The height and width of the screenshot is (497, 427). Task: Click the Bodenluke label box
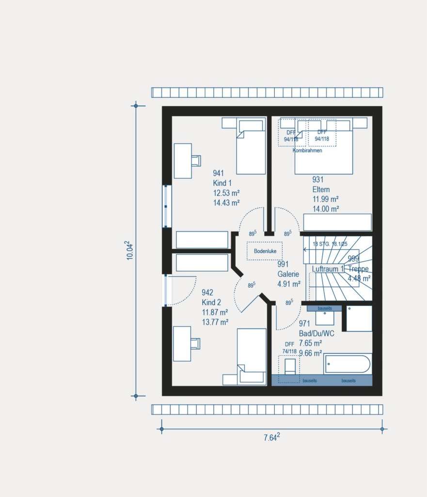click(265, 251)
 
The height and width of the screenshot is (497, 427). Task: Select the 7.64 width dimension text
click(271, 437)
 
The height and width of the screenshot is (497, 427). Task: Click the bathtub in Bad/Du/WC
click(348, 364)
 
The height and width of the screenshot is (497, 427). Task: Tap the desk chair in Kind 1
click(196, 160)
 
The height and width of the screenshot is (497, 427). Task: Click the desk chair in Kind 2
click(195, 344)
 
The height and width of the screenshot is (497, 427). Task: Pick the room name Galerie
click(288, 274)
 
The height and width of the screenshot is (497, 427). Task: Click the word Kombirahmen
click(307, 150)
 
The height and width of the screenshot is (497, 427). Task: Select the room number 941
click(219, 173)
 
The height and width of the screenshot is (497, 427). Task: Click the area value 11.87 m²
click(215, 312)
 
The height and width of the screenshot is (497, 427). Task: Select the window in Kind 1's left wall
click(167, 206)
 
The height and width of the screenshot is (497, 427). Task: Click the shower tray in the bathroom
click(359, 318)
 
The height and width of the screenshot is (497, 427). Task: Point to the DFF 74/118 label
click(289, 348)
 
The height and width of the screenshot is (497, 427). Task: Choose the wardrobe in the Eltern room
click(337, 222)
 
